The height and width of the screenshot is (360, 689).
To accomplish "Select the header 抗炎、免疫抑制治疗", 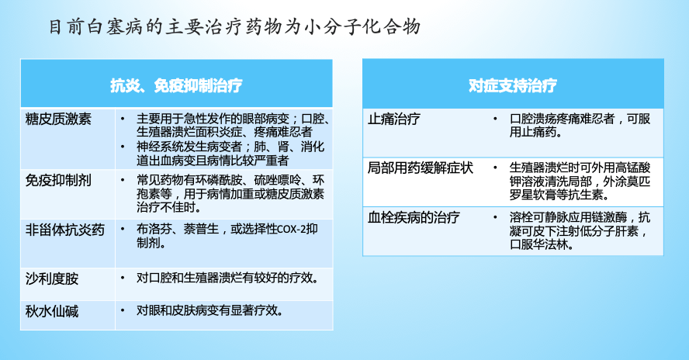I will (176, 85).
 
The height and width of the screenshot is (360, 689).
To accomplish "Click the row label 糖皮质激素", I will (58, 119).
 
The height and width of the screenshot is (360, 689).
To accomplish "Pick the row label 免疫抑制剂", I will (58, 180).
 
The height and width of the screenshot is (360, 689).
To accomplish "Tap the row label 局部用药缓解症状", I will (420, 168).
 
